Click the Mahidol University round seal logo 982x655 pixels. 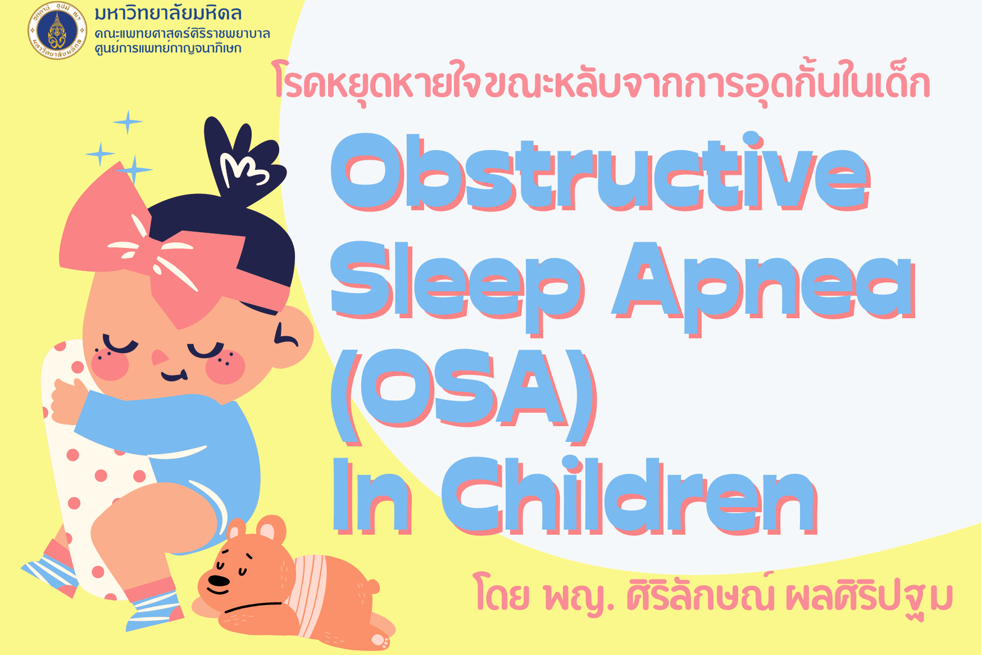point(57,30)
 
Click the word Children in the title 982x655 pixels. point(629,495)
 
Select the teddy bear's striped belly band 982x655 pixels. point(309,593)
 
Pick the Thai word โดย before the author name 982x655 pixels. point(501,596)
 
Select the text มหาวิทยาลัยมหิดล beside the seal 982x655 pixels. point(168,13)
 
